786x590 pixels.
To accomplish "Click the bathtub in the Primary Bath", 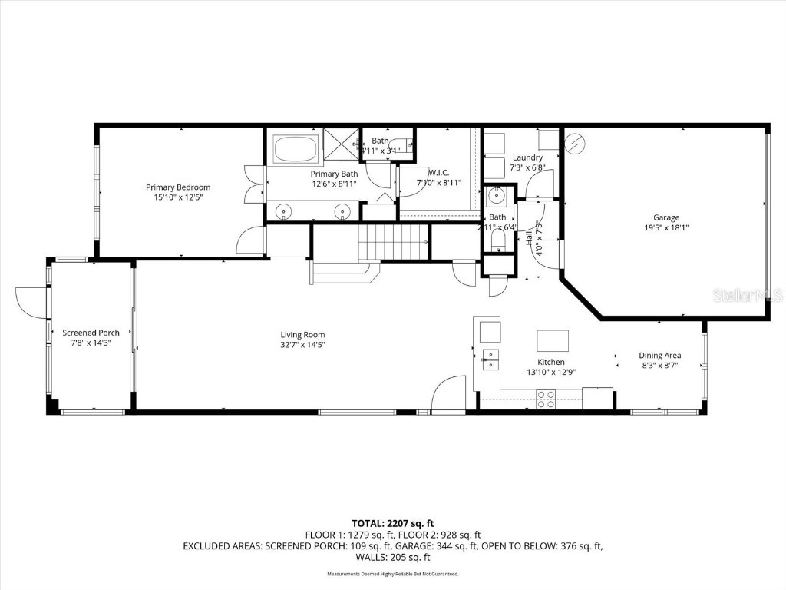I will pos(296,148).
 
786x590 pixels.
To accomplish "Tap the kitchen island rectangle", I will pos(553,340).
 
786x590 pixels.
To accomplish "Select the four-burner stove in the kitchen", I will pos(546,399).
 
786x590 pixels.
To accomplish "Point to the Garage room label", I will pos(666,217).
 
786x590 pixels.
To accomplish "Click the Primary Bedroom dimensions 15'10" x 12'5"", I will pos(178,197).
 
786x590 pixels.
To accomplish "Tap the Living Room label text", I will pos(302,334).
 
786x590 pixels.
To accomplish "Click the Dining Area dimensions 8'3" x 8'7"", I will pos(659,366).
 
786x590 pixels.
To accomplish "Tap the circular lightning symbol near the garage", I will pos(574,143).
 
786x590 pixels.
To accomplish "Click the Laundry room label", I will pos(527,157).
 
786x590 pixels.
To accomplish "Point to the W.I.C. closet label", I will pos(438,172).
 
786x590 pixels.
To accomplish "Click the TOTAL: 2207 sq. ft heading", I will pos(392,524).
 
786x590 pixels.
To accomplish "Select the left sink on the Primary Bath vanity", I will pos(285,210).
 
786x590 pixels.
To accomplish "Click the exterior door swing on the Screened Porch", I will pos(31,300).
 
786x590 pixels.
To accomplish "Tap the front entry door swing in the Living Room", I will pos(449,393).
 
